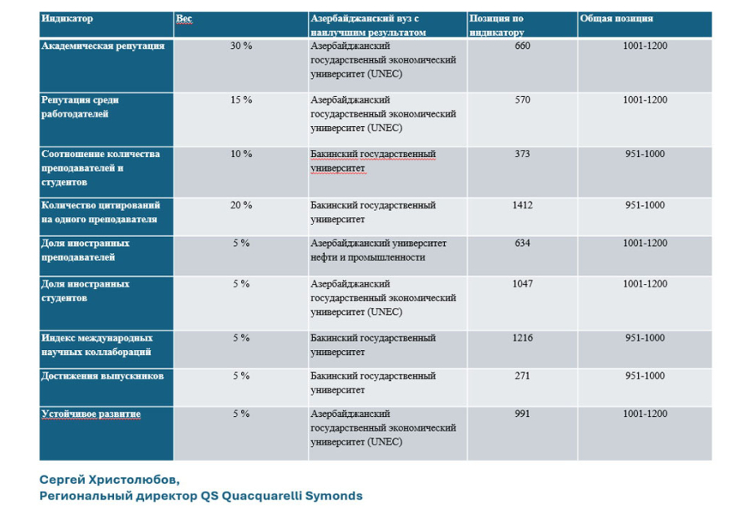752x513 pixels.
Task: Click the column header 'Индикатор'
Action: [67, 19]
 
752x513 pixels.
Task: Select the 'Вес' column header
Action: [183, 19]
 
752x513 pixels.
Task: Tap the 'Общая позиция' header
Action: [616, 19]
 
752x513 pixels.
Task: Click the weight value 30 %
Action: [241, 46]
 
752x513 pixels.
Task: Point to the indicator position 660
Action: [522, 46]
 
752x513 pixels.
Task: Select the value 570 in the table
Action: [522, 100]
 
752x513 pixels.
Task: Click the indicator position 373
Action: [522, 154]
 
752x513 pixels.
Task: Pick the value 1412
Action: [522, 205]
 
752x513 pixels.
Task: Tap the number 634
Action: [522, 243]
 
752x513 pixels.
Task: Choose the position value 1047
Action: [522, 284]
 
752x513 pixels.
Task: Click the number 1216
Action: [522, 338]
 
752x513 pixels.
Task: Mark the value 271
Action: [522, 376]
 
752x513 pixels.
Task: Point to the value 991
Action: [522, 414]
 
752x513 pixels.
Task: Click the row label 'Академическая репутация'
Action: [103, 46]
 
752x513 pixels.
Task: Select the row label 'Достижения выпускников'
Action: [102, 376]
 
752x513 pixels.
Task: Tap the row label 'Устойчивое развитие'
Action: [91, 414]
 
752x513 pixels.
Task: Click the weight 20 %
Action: [241, 205]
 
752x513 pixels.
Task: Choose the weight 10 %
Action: [241, 154]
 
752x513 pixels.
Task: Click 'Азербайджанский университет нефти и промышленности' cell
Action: [378, 250]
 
